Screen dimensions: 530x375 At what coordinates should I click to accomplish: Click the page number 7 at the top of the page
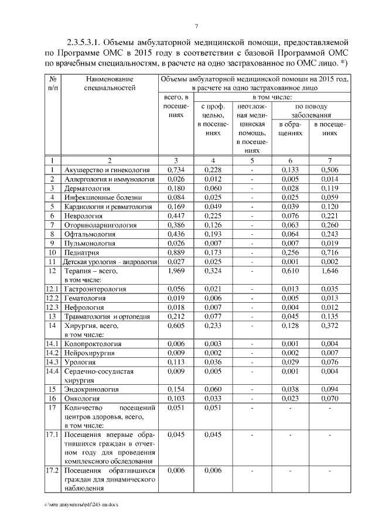tap(197, 25)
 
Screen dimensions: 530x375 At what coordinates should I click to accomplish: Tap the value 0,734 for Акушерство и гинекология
tap(176, 170)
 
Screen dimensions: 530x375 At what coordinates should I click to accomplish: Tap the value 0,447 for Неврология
tap(176, 216)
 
